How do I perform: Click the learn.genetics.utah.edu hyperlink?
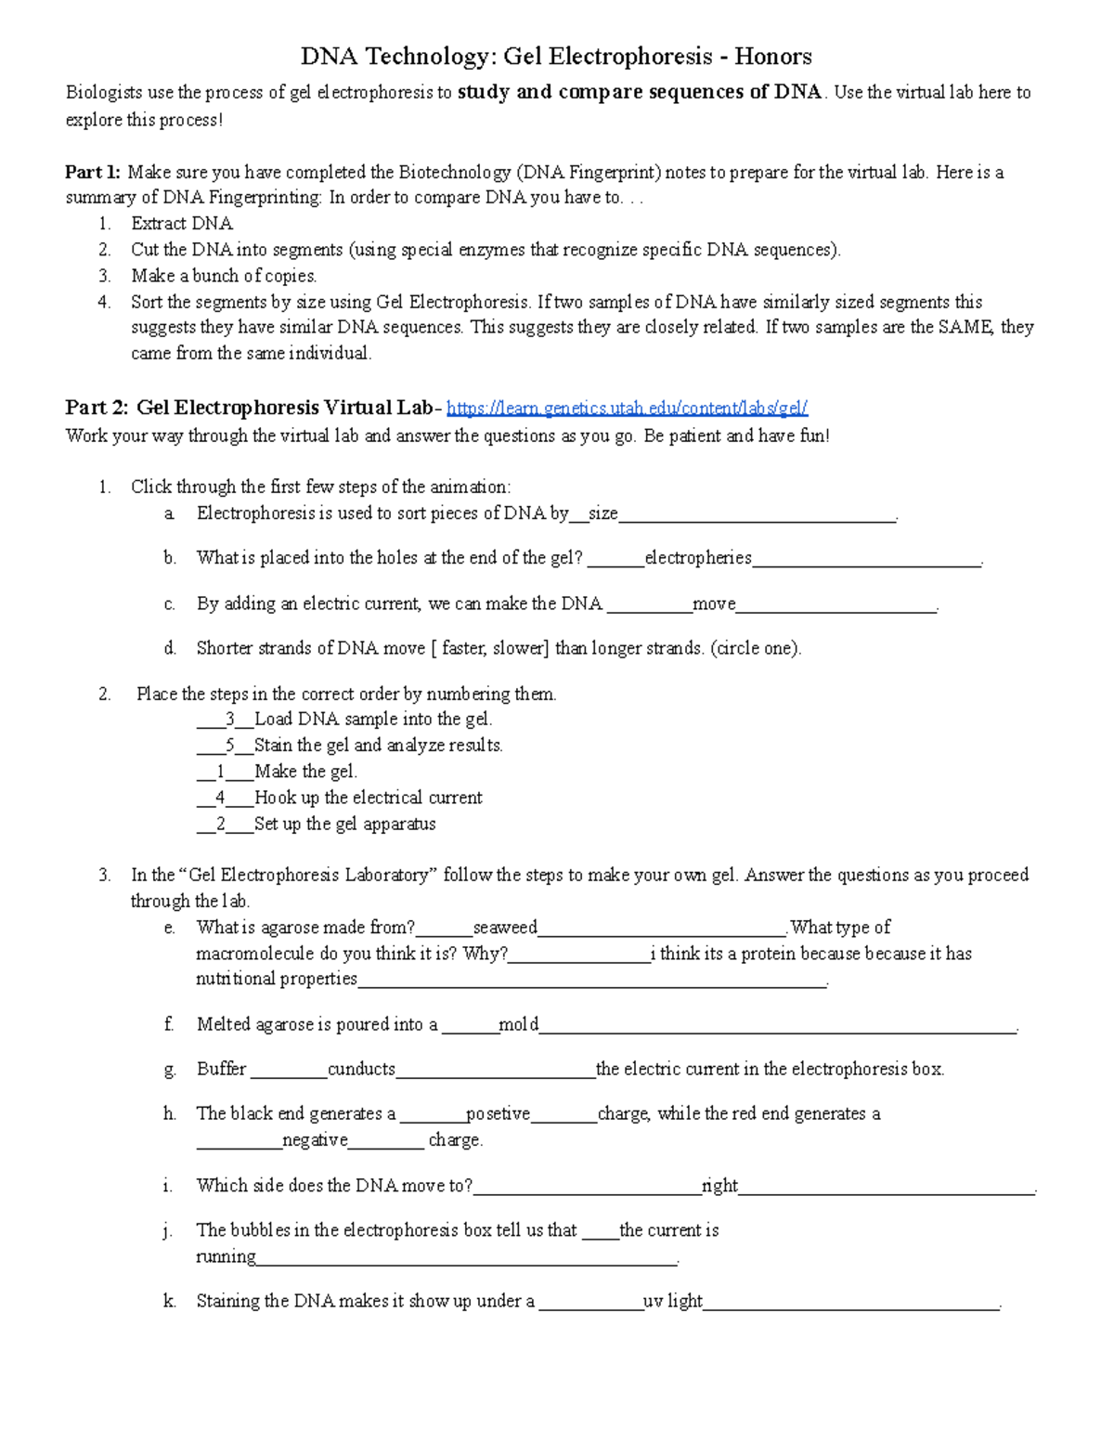[627, 409]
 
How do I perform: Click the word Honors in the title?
[773, 57]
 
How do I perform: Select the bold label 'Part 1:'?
[93, 172]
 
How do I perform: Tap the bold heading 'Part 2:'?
[97, 408]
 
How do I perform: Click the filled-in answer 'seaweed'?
[505, 928]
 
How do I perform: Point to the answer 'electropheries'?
[697, 558]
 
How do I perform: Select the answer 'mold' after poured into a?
[518, 1024]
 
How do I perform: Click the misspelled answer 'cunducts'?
[361, 1069]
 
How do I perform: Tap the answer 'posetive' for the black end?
[498, 1113]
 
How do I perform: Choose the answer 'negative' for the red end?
[315, 1140]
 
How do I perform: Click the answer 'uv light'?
[672, 1301]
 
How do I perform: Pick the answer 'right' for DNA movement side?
[719, 1186]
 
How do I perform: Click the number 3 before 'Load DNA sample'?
[229, 720]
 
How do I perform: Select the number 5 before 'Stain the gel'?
[229, 746]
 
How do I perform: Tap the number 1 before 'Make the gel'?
[220, 772]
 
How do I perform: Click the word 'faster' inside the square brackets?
[463, 648]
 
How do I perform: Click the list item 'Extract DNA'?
[182, 224]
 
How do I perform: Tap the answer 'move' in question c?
[713, 604]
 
